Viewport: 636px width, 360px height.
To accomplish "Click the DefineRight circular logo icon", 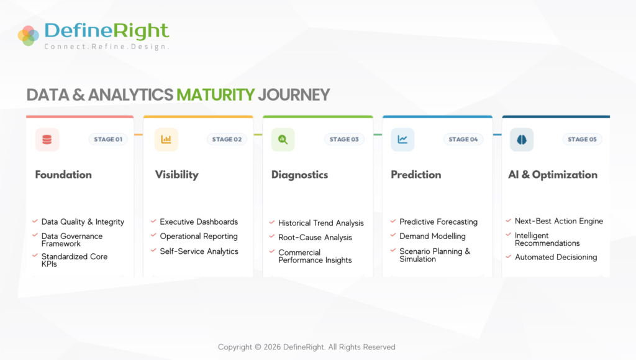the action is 29,35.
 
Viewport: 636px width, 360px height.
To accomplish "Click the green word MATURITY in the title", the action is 216,95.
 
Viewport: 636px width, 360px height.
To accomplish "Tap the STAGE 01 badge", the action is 108,140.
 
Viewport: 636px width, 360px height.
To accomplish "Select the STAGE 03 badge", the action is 344,140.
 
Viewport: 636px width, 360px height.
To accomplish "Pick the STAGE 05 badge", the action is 582,140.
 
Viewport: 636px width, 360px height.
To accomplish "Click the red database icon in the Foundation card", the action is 47,140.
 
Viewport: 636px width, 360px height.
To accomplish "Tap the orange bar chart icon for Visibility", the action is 166,140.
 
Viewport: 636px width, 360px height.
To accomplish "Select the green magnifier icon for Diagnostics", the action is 283,140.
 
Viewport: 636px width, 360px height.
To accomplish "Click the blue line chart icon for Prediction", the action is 402,140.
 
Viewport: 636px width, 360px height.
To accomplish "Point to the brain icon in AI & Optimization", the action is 522,140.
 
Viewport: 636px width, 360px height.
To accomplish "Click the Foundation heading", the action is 63,175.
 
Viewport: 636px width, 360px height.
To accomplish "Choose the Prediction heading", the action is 416,175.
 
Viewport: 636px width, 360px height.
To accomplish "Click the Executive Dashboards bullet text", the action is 199,222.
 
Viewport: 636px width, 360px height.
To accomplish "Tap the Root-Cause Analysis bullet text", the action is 315,238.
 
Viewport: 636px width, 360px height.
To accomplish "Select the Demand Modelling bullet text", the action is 432,236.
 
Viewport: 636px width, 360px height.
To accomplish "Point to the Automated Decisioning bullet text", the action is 556,257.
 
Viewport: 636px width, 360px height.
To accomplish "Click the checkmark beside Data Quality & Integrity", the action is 35,222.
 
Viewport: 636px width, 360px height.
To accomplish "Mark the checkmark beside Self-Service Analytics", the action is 153,251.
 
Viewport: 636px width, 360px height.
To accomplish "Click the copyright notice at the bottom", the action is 307,347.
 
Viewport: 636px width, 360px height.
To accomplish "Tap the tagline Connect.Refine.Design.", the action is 107,47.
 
